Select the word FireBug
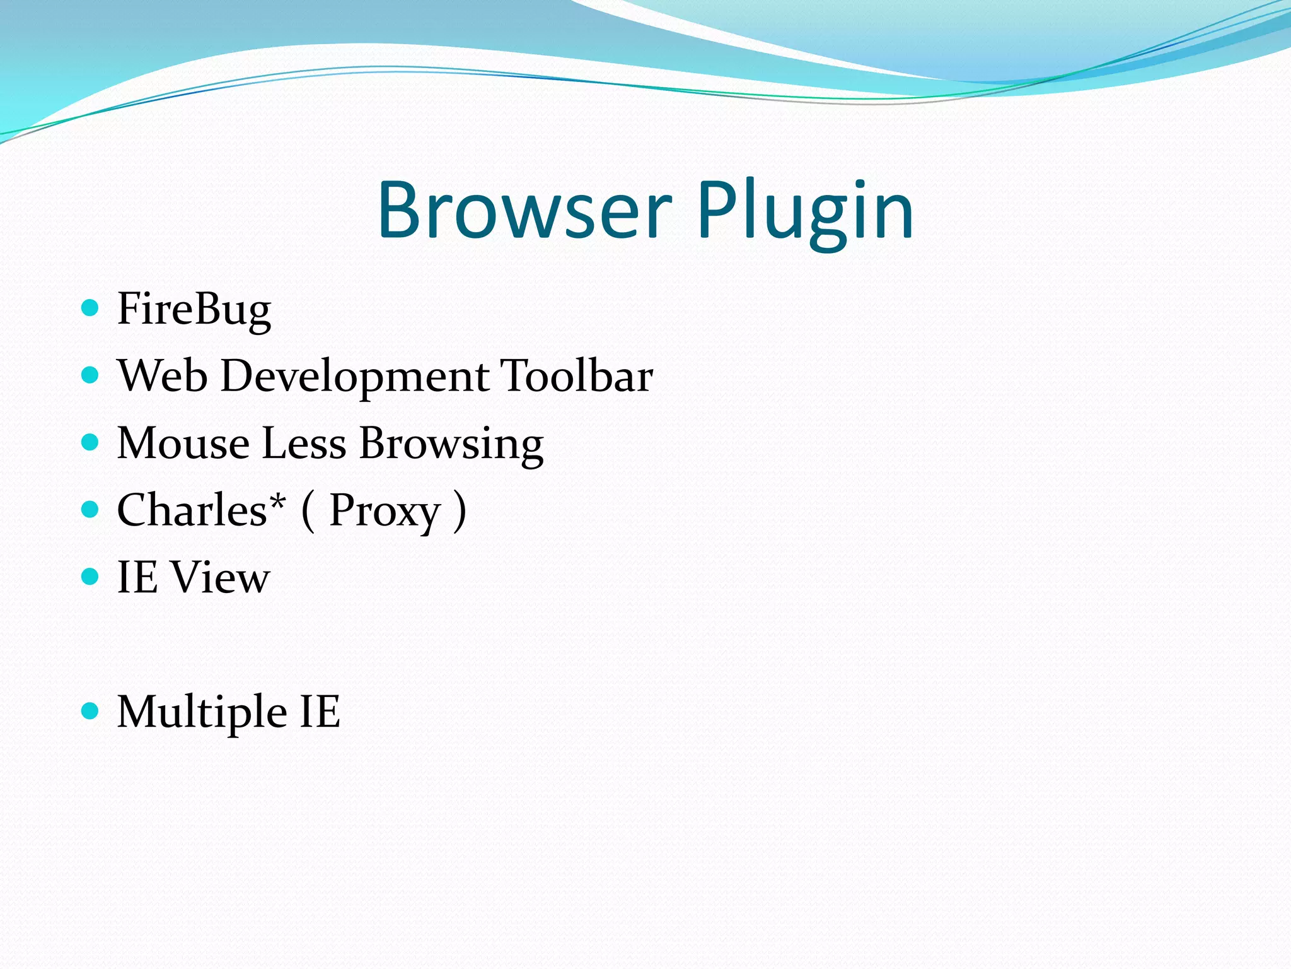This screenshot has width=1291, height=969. pyautogui.click(x=194, y=310)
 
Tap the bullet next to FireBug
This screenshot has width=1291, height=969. pyautogui.click(x=91, y=308)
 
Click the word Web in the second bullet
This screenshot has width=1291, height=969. pyautogui.click(x=163, y=376)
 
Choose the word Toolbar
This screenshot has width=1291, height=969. pyautogui.click(x=576, y=376)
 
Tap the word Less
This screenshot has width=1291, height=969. pyautogui.click(x=304, y=443)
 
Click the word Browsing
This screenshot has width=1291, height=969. pyautogui.click(x=451, y=444)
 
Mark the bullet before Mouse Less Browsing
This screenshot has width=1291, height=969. pyautogui.click(x=91, y=442)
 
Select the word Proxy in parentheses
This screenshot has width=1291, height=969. pyautogui.click(x=385, y=511)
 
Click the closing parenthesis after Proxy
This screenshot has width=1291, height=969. pyautogui.click(x=461, y=511)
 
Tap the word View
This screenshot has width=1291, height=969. pyautogui.click(x=221, y=577)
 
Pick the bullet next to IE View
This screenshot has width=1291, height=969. pyautogui.click(x=91, y=577)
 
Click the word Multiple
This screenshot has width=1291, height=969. pyautogui.click(x=202, y=712)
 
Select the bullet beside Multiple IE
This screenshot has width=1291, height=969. pyautogui.click(x=91, y=711)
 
